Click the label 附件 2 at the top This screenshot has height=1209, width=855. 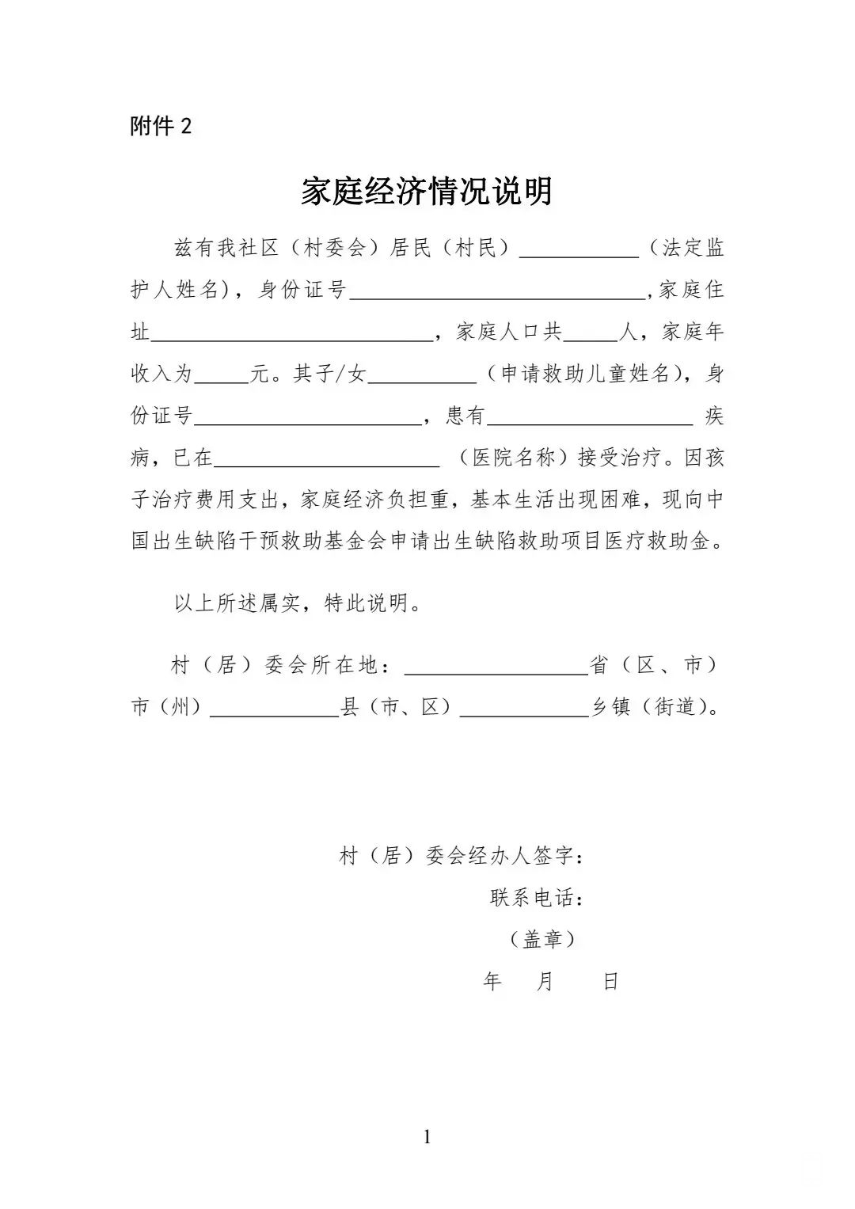pos(161,127)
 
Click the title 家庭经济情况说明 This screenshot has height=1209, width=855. pos(427,192)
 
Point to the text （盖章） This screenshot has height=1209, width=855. pos(542,940)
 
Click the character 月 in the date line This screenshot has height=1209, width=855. pos(545,982)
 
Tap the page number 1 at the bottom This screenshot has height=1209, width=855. pos(427,1138)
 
